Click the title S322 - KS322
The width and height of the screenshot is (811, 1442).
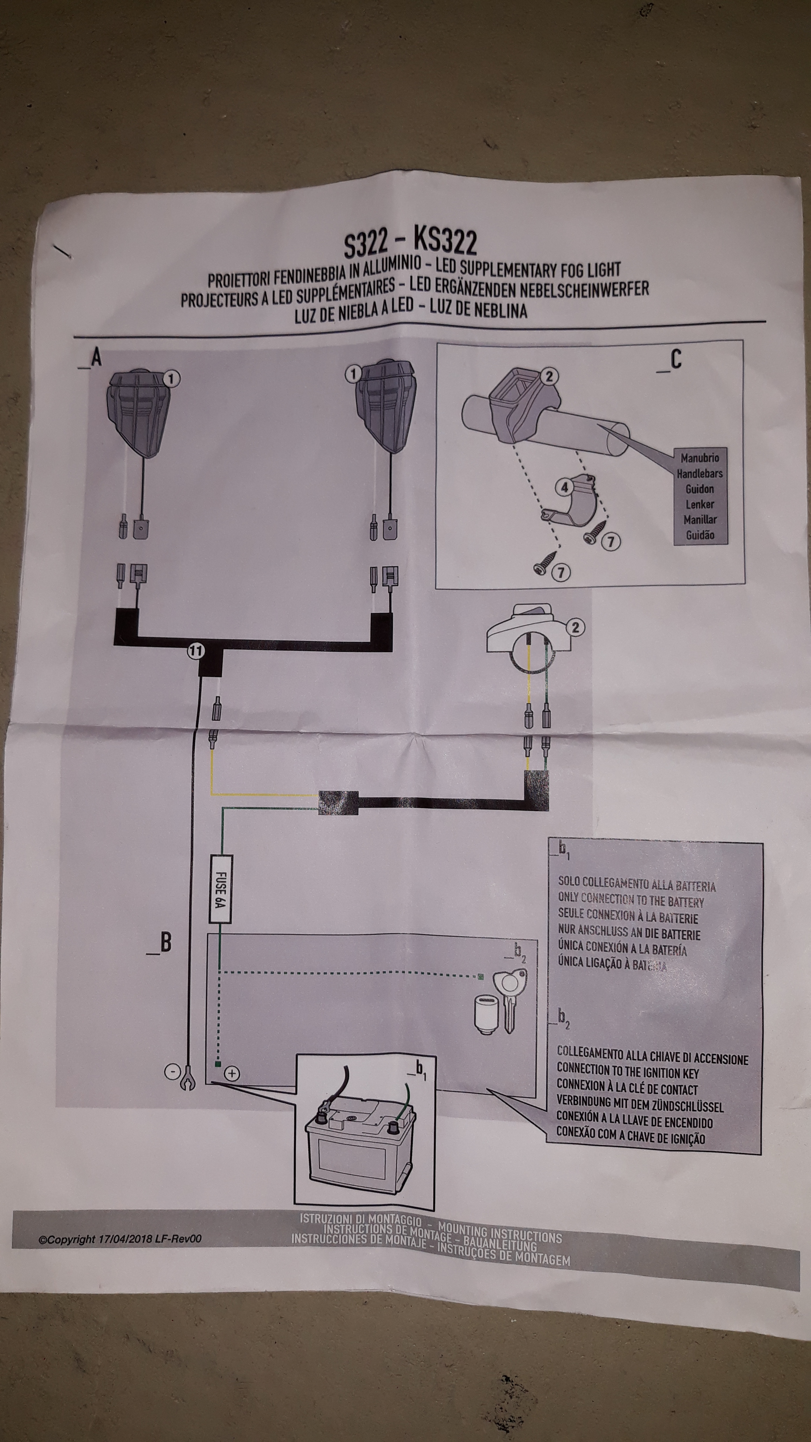(x=411, y=242)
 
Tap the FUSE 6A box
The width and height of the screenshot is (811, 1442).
(x=220, y=889)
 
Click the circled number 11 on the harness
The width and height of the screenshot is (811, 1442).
(x=196, y=651)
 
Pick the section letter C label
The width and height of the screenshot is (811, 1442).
(x=675, y=360)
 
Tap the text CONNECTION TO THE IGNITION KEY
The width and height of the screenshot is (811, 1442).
(x=627, y=1072)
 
